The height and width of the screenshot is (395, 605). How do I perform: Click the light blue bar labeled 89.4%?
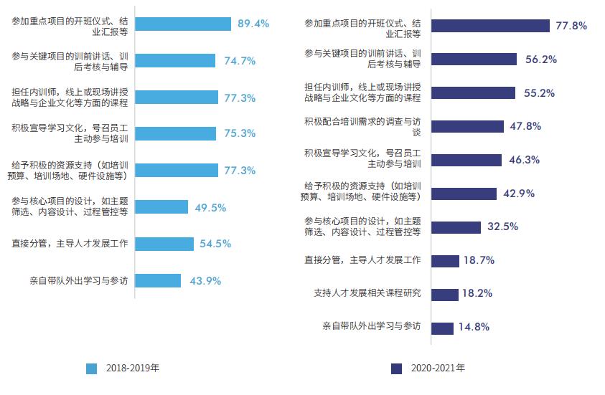click(183, 24)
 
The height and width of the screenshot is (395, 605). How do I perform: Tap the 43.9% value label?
click(205, 280)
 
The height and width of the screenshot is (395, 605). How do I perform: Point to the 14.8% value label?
click(474, 327)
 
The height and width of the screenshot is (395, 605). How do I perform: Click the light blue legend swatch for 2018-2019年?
click(91, 368)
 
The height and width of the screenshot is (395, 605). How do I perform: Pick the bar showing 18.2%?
click(445, 294)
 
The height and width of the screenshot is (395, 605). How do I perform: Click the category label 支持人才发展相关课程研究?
click(367, 294)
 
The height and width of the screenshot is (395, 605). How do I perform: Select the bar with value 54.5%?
click(164, 244)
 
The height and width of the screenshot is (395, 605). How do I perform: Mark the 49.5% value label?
click(210, 207)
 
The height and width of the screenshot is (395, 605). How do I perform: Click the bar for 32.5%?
click(456, 227)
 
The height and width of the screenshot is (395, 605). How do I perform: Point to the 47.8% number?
click(525, 126)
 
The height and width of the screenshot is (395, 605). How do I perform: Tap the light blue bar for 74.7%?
click(175, 60)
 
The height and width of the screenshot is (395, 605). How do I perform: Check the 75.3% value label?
click(240, 133)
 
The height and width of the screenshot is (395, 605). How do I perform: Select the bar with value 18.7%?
click(445, 260)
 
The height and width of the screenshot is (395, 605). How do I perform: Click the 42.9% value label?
click(518, 193)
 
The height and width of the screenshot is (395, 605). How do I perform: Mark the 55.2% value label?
click(541, 92)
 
